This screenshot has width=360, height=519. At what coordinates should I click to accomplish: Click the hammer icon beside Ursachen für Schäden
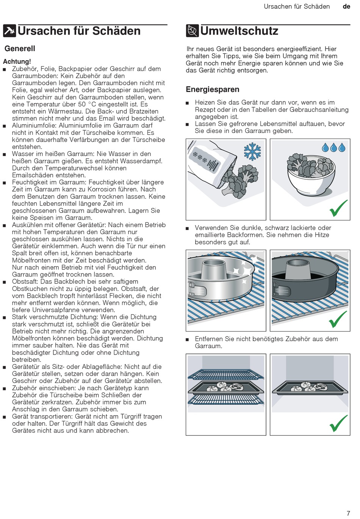9,31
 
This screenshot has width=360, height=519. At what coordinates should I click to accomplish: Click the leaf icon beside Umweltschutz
192,31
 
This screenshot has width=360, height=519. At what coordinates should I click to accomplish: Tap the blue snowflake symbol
252,152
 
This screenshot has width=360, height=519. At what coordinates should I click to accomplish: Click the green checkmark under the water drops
338,208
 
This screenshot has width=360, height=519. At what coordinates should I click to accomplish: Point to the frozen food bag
211,164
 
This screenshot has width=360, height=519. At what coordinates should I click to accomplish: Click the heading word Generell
20,48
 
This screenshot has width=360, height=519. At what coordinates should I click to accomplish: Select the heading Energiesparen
212,89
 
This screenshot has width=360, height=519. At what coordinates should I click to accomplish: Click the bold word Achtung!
17,61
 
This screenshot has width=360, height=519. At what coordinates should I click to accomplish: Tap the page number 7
348,513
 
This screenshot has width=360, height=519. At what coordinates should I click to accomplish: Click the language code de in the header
346,6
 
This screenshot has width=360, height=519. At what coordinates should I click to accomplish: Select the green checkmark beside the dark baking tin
338,319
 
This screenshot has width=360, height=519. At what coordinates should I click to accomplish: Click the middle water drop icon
333,148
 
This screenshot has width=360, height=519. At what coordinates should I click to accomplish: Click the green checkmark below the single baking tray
338,423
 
